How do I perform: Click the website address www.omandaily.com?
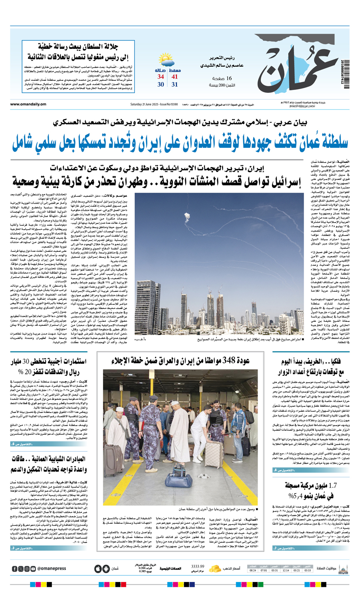point(28,104)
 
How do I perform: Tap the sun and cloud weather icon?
point(166,61)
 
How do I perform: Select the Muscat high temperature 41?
point(175,77)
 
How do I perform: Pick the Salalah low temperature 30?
point(160,84)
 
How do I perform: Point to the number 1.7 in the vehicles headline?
point(332,486)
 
